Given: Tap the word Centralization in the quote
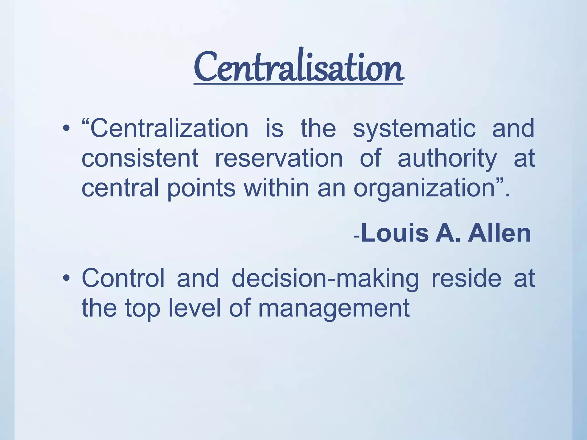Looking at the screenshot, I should point(169,128).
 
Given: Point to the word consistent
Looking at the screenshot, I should point(140,158).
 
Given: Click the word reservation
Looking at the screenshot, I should point(279,158).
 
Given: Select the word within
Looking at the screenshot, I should point(276,188).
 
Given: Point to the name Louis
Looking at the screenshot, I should point(395,233).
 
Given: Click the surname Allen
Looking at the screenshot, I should point(499,233).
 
